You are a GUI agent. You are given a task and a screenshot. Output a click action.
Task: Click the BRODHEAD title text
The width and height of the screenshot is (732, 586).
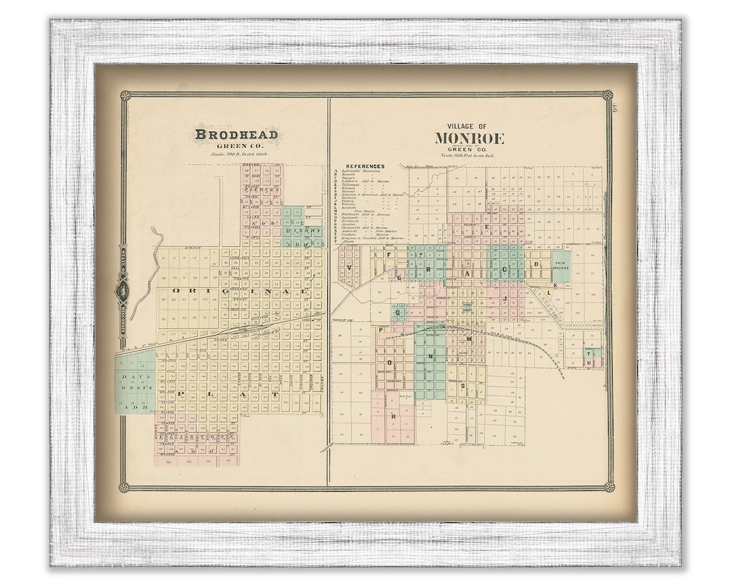click(236, 134)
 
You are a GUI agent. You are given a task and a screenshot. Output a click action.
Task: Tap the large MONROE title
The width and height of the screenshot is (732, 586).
click(470, 139)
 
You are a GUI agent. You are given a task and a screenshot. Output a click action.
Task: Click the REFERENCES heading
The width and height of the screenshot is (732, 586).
click(365, 166)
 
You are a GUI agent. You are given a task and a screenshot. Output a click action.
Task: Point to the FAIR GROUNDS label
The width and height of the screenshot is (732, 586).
click(560, 265)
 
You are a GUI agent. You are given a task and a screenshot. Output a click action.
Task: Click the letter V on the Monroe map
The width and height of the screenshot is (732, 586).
click(349, 267)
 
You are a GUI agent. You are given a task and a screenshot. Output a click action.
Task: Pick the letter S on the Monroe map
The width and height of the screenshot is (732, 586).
click(463, 385)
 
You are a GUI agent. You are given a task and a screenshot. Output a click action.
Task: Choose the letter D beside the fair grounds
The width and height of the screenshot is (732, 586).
click(536, 265)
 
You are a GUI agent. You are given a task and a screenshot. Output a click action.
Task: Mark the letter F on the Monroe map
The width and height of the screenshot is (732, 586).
click(388, 256)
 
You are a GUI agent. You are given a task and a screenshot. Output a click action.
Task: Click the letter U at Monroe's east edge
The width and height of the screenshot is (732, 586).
click(597, 364)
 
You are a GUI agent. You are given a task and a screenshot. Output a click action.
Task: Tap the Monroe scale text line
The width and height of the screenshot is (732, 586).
click(468, 156)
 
